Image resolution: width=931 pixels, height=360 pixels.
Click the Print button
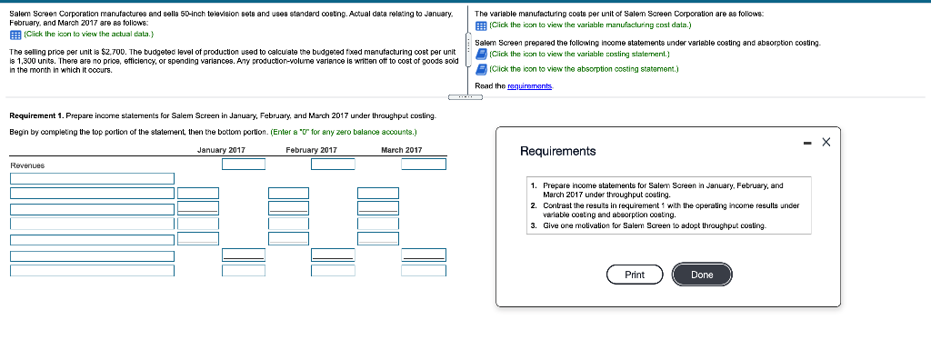point(635,275)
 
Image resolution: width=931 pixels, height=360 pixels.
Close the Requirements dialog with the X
point(826,142)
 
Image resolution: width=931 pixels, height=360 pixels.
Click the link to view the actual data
point(88,34)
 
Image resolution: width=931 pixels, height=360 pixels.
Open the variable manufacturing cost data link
point(590,25)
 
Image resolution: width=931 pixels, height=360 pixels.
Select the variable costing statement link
point(579,54)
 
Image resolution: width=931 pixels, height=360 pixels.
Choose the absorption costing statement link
point(584,69)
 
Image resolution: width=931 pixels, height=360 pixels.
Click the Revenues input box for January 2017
point(244,164)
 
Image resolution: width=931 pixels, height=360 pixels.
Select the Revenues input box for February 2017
point(333,164)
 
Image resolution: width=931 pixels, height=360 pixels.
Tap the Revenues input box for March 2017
point(424,164)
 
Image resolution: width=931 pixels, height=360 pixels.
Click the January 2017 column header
point(221,150)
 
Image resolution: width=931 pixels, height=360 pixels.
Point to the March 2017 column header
point(401,150)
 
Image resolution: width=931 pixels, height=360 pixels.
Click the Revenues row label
point(27,165)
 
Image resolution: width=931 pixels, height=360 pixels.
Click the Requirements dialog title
point(557,152)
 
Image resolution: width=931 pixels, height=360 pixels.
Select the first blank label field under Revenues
point(92,178)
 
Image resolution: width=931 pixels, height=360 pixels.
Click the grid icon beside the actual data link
point(15,34)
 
